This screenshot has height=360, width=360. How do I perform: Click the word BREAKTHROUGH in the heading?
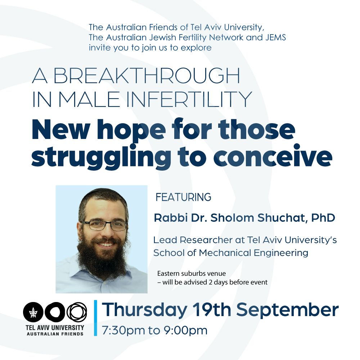pyautogui.click(x=147, y=76)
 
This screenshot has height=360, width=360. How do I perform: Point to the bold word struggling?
pyautogui.click(x=101, y=157)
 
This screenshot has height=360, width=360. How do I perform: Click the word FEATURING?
pyautogui.click(x=183, y=197)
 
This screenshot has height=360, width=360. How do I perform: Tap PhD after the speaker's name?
pyautogui.click(x=323, y=218)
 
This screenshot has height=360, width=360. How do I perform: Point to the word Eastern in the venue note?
pyautogui.click(x=168, y=274)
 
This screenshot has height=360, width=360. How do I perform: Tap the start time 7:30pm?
pyautogui.click(x=123, y=330)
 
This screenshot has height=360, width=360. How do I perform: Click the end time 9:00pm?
pyautogui.click(x=185, y=330)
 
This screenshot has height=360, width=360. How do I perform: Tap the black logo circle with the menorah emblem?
pyautogui.click(x=33, y=312)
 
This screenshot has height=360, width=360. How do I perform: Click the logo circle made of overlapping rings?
pyautogui.click(x=77, y=312)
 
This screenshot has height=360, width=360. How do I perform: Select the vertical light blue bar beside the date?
pyautogui.click(x=95, y=318)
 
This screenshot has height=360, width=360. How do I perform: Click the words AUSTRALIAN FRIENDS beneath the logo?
pyautogui.click(x=55, y=334)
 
